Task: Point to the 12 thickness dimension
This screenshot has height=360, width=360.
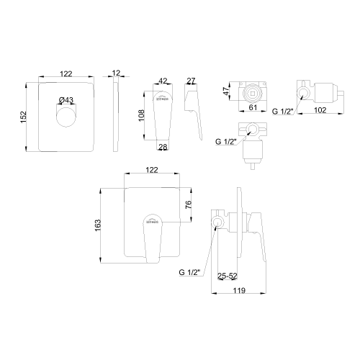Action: point(117,73)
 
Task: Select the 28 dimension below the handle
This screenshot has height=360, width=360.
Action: point(163,148)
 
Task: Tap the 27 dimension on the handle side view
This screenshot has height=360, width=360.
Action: point(192,81)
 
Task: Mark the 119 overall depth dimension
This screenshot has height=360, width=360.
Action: point(240,291)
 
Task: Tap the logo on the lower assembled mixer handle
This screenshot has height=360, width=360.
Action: point(152,223)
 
